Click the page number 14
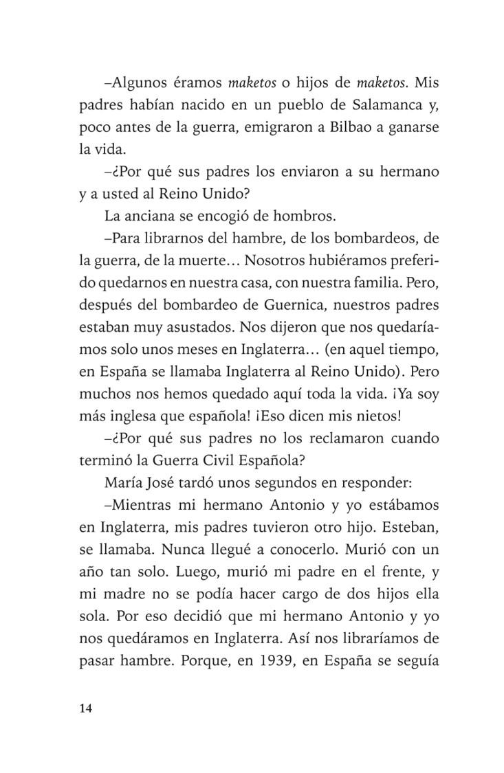(86, 709)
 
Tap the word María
(124, 482)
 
